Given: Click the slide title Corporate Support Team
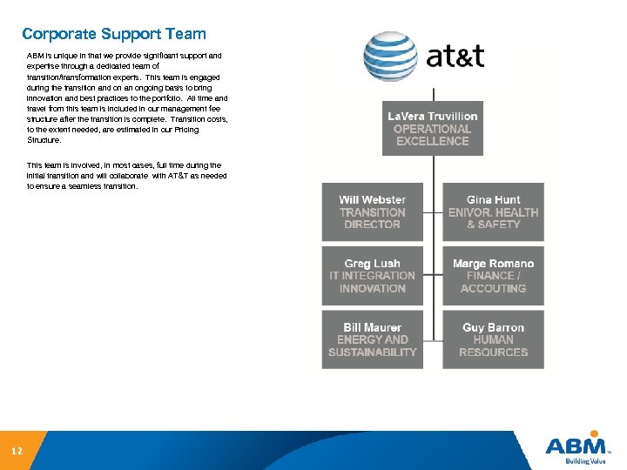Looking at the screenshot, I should pos(114,35).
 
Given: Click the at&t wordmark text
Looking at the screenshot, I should pos(455,57).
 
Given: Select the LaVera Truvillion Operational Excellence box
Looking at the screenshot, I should pos(433,129).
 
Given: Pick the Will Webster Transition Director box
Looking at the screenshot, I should pos(372,211).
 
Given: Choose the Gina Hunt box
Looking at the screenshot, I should pos(493,211).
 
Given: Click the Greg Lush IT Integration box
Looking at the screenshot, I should pos(372,276).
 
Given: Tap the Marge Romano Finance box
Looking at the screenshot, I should pos(493,276).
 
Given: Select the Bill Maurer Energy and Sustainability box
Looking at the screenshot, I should pos(372,339).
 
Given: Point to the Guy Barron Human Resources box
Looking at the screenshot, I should pos(493,339).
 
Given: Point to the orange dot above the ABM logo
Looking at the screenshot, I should pos(595,433).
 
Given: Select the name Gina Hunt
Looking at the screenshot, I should pos(493,200).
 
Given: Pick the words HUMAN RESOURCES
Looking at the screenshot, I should pos(493,346).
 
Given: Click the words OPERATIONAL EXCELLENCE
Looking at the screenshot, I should pos(433,135).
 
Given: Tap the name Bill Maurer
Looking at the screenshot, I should pos(372,327).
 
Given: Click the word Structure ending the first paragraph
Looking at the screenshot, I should pos(44,139).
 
